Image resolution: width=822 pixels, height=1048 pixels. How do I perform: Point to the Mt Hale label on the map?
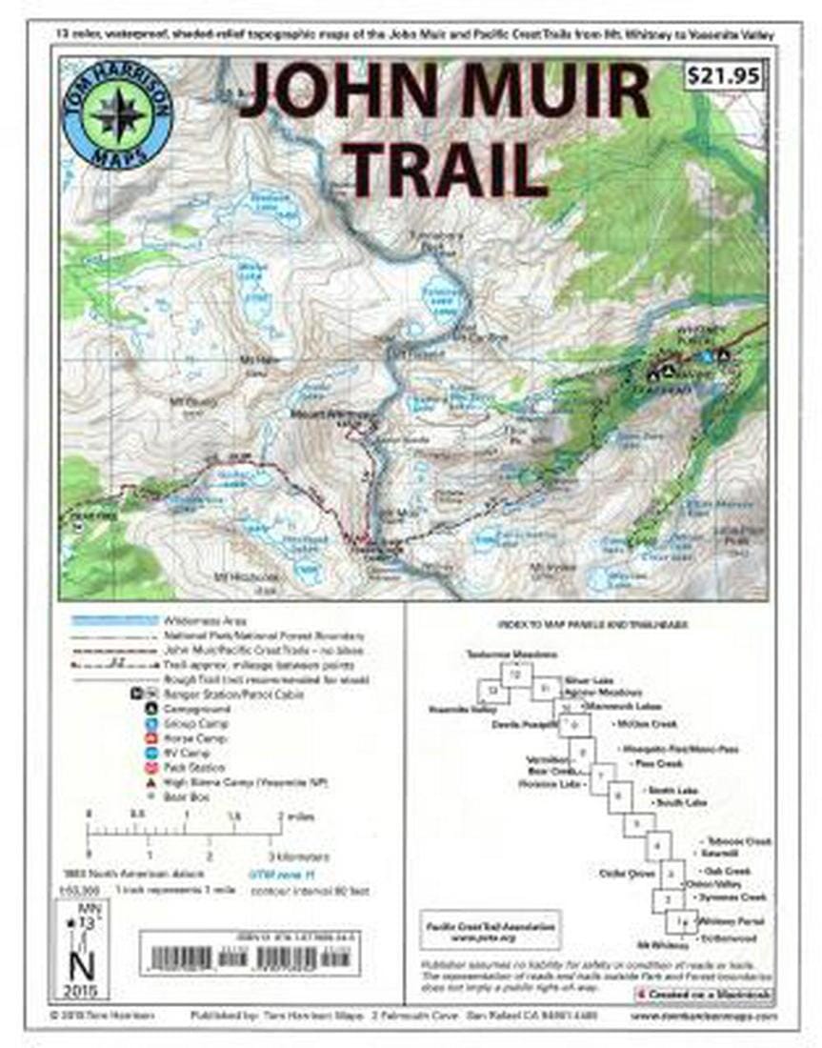tap(256, 360)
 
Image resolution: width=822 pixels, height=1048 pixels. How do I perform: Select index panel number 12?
tap(516, 675)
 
